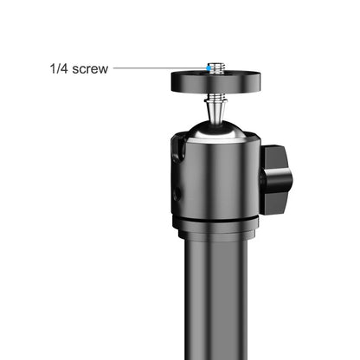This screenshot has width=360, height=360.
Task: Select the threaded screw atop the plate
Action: tap(211, 67)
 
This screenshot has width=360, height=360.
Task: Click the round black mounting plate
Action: tap(211, 83)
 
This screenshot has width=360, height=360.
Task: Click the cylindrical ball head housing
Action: tap(216, 177)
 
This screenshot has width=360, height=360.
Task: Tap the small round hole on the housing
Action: tap(176, 192)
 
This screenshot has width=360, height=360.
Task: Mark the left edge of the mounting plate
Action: tap(172, 83)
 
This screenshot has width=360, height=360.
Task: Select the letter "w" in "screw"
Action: tap(104, 68)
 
